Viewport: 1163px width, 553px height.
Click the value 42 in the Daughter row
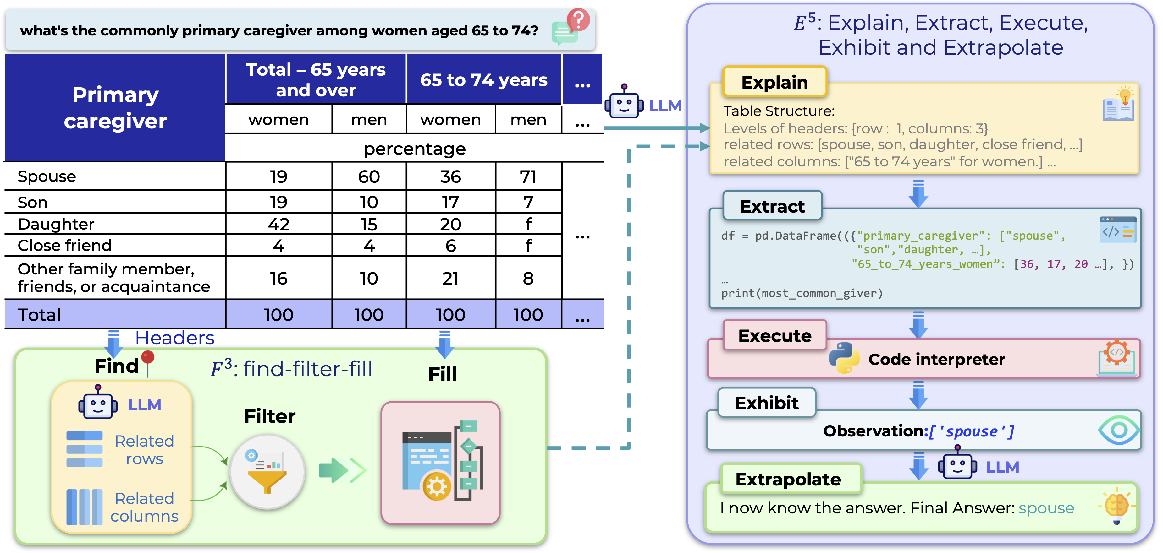click(278, 224)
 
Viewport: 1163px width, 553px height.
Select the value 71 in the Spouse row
click(528, 176)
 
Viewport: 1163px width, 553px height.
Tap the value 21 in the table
click(450, 278)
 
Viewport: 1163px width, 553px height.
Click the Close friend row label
click(64, 245)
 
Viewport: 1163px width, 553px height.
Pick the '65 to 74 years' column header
click(483, 80)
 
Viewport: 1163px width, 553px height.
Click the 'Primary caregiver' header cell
click(115, 108)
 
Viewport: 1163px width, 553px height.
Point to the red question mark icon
click(578, 20)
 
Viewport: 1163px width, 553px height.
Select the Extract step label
click(772, 206)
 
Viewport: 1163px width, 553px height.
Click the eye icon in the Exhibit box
click(1119, 430)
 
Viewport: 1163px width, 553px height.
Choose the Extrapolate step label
click(788, 479)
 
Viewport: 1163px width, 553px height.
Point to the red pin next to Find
click(148, 360)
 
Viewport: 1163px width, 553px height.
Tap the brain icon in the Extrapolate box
click(1116, 505)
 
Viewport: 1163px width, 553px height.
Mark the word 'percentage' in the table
click(415, 149)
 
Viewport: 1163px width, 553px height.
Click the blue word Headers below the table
click(175, 338)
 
